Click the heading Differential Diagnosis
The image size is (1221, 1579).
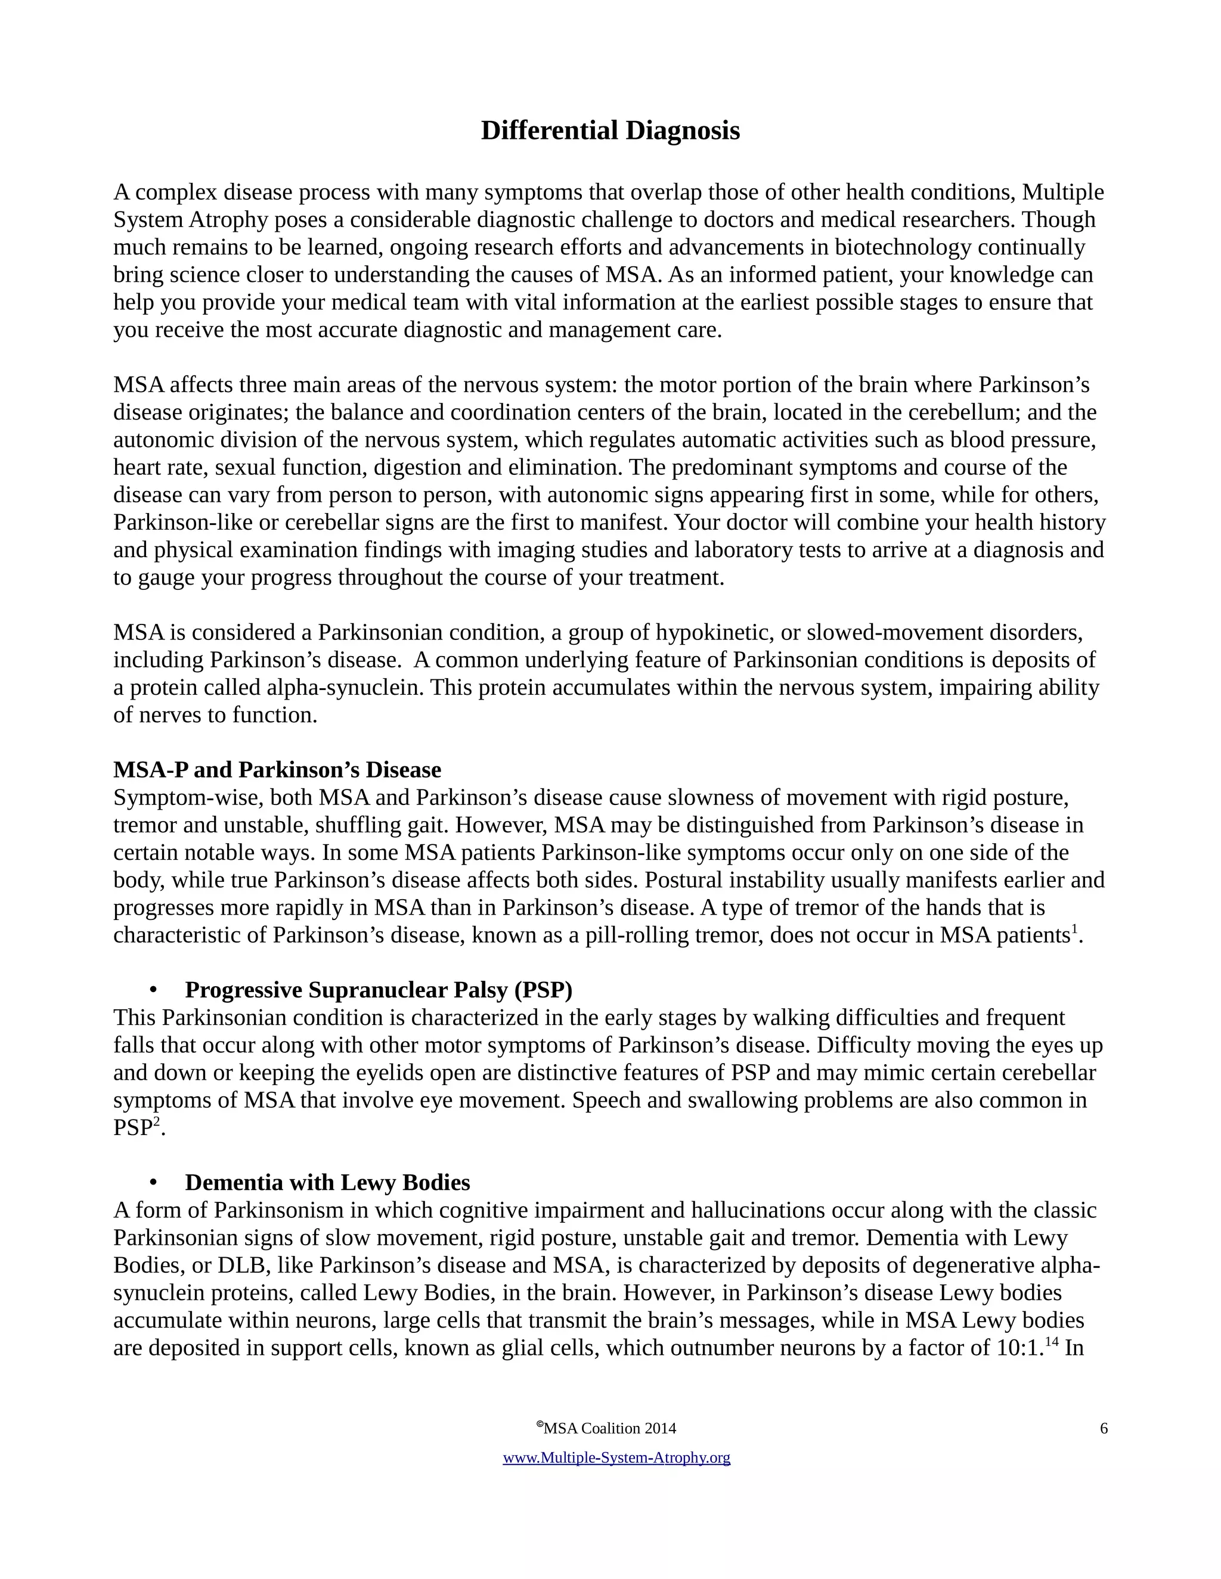610,131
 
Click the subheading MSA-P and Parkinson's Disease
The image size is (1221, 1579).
277,769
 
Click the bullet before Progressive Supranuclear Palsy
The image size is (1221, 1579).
153,990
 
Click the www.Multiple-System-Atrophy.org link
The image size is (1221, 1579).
616,1457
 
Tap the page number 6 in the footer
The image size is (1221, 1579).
1103,1429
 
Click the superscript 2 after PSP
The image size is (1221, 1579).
156,1122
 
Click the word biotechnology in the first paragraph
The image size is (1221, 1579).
902,247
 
